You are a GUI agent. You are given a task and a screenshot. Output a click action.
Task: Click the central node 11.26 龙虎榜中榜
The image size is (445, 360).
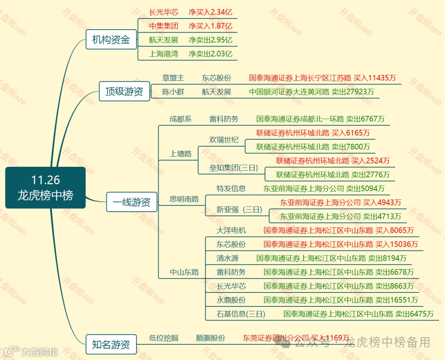[45, 187]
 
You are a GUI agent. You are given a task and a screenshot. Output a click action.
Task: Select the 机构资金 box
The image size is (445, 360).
[111, 40]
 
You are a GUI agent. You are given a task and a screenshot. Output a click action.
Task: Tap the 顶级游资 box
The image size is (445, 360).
[124, 91]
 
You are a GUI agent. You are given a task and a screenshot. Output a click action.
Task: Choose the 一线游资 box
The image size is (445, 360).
[131, 202]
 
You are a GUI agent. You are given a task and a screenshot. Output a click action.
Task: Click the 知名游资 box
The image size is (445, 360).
[111, 344]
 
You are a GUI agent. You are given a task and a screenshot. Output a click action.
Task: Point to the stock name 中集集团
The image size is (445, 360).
[164, 26]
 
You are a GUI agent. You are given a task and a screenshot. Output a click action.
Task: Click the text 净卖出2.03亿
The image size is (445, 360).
[210, 54]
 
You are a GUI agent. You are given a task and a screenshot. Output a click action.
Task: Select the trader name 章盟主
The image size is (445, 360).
[173, 78]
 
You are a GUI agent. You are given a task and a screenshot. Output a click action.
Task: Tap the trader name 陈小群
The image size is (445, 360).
[173, 92]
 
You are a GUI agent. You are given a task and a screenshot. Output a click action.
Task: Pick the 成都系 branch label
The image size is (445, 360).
[180, 119]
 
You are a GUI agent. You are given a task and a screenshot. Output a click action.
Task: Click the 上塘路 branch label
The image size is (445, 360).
[180, 154]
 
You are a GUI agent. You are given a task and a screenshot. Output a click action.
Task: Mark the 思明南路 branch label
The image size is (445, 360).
[184, 199]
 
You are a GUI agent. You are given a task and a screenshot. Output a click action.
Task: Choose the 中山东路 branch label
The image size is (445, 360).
[184, 272]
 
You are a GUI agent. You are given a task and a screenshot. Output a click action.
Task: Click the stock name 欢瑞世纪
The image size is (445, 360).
[224, 140]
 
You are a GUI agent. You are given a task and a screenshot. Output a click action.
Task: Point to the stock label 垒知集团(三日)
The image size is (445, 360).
[234, 168]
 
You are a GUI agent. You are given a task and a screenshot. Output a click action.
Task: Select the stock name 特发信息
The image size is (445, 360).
[231, 189]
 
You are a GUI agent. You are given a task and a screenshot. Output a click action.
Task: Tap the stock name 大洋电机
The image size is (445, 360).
[231, 230]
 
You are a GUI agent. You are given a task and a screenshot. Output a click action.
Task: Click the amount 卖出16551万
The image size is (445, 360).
[396, 300]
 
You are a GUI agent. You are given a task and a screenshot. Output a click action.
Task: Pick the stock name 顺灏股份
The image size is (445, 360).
[211, 338]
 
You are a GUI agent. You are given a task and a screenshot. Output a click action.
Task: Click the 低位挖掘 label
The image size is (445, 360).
[164, 338]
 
